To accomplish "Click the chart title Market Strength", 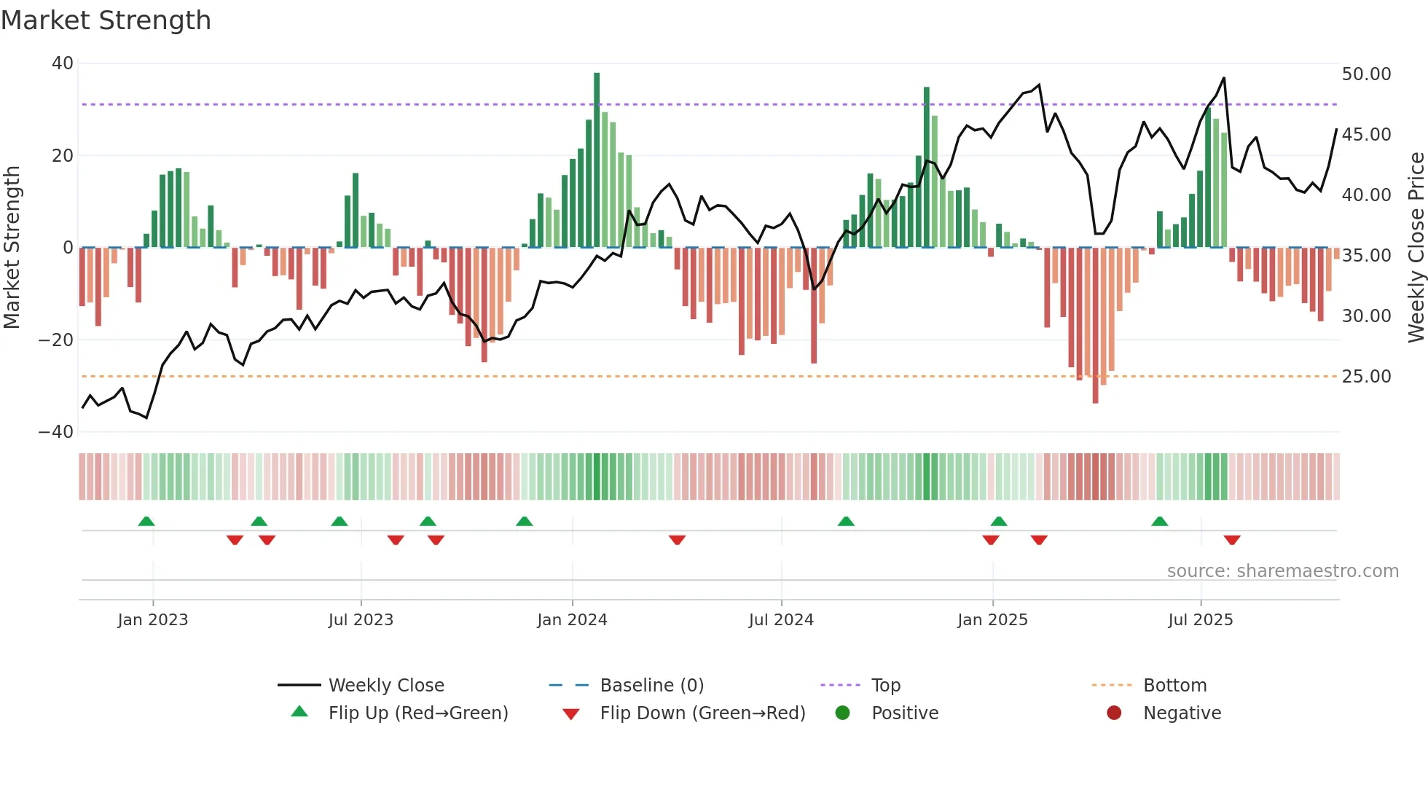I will click(106, 20).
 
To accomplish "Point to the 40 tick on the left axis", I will click(63, 63).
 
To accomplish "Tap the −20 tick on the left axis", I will click(56, 340).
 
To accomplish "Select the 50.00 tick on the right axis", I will click(1366, 74).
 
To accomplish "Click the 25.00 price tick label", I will click(1366, 377).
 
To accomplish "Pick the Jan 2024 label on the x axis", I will click(572, 620).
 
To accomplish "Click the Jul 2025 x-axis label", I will click(1200, 620).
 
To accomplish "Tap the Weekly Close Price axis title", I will click(1416, 248).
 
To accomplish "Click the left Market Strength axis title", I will click(12, 248).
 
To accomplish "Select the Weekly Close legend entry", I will click(385, 686).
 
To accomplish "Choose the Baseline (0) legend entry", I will click(651, 686).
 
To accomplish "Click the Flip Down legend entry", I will click(702, 713).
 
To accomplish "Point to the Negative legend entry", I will click(1181, 713).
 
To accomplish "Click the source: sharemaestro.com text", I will click(1282, 571).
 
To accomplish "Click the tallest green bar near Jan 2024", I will click(597, 160).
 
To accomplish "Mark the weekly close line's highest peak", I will click(1224, 78).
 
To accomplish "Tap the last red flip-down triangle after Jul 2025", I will click(1232, 540).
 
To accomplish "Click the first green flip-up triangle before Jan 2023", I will click(146, 521).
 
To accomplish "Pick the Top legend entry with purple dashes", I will click(885, 686).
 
